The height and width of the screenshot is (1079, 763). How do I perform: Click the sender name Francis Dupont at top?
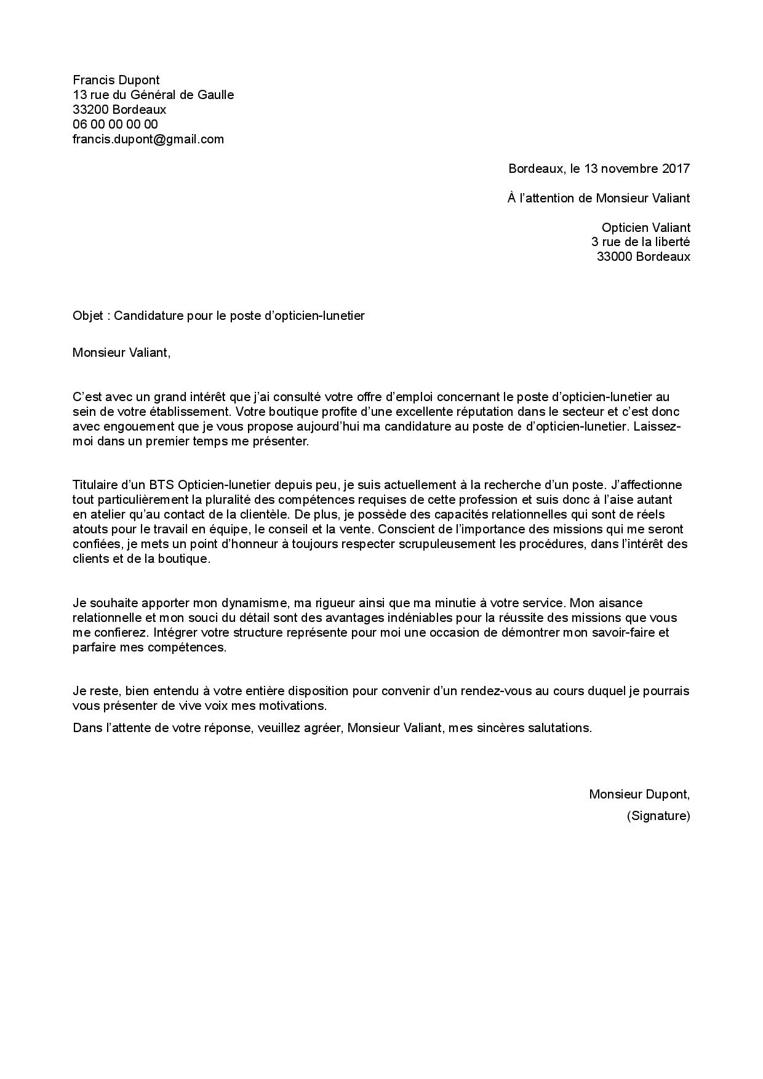116,80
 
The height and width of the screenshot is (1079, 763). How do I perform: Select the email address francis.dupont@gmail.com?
148,139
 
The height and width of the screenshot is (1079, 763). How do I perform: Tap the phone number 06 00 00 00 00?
115,124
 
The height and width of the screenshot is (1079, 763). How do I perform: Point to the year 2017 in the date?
676,169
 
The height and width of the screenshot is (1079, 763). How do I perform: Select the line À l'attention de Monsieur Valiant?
599,198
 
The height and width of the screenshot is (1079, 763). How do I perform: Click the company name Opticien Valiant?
645,228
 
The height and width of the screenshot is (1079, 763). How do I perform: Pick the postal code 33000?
614,257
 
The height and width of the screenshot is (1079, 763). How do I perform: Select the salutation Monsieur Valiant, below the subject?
121,353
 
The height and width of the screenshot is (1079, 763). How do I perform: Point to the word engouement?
134,427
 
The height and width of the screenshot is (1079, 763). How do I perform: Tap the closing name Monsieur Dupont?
639,794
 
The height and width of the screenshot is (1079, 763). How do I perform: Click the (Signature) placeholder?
658,816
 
